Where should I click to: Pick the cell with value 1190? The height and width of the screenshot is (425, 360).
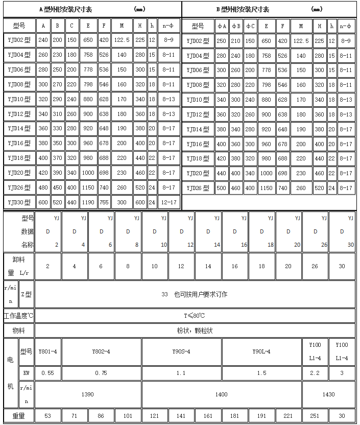[88, 202]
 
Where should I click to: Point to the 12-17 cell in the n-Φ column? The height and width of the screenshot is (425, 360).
[169, 202]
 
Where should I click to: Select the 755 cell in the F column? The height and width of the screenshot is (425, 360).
[104, 202]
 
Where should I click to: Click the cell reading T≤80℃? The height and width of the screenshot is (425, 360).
[194, 316]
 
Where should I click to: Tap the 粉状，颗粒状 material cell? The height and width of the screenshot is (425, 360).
[194, 330]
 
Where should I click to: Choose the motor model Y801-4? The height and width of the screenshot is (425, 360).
[47, 351]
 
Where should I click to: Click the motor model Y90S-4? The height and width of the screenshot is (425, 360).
[181, 351]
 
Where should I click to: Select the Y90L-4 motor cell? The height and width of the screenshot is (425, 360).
[261, 351]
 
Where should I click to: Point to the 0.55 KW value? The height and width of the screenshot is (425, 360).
[47, 373]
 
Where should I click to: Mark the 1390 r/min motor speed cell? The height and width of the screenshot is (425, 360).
[88, 394]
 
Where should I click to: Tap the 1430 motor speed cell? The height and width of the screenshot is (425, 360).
[328, 394]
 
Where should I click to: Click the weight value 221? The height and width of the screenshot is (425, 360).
[289, 416]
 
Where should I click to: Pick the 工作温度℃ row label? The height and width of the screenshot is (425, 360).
[18, 316]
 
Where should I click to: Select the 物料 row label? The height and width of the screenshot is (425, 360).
[18, 330]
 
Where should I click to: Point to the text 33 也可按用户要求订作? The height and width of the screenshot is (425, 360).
[194, 294]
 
